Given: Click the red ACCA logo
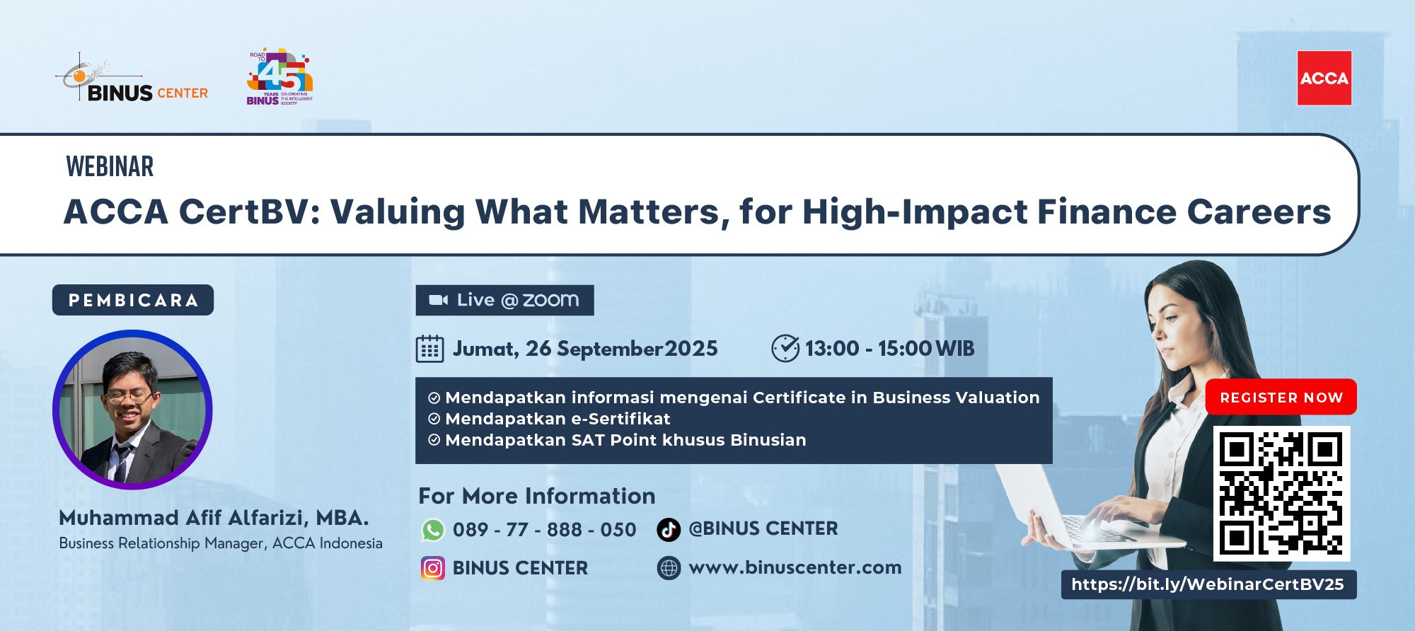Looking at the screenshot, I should click(x=1324, y=79).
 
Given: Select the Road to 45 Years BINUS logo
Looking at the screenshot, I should click(x=279, y=78).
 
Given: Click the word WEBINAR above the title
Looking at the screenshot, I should click(x=110, y=167).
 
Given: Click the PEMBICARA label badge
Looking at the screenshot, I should click(x=133, y=300).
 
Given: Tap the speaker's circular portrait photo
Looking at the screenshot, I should click(x=132, y=410).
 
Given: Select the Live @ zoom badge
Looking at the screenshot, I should click(x=504, y=300).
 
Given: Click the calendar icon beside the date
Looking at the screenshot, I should click(x=429, y=349).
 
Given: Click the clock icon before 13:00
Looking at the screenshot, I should click(x=785, y=348).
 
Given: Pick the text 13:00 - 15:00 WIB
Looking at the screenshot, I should click(x=889, y=348).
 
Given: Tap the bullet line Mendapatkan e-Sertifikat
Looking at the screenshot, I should click(x=557, y=419).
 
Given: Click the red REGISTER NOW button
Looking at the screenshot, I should click(x=1281, y=398).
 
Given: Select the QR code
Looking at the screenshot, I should click(x=1281, y=493).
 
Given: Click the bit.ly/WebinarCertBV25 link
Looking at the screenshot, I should click(x=1208, y=584).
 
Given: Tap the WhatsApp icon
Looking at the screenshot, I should click(x=433, y=530).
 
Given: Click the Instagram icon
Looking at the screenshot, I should click(x=433, y=568).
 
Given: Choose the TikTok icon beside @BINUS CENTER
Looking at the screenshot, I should click(x=669, y=529).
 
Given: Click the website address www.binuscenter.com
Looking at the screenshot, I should click(x=795, y=567).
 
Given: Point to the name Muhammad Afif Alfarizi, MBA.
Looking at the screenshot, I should click(x=214, y=518).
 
